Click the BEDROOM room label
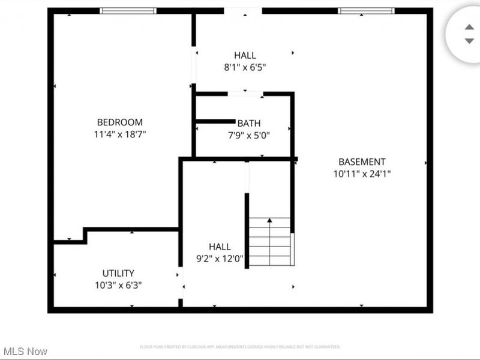(x=120, y=122)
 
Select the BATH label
(x=248, y=124)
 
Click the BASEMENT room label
(x=362, y=161)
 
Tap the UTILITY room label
(x=118, y=273)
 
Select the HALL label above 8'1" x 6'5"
(x=245, y=56)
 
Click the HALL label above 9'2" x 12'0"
(x=220, y=247)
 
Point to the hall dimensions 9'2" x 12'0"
(x=220, y=259)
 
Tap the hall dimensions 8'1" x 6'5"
(x=245, y=68)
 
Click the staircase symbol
(x=271, y=241)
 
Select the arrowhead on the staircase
(x=269, y=221)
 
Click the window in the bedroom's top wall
(x=128, y=11)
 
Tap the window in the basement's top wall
(x=367, y=11)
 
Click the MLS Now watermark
(x=25, y=351)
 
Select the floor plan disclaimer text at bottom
(x=240, y=347)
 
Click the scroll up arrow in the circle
(x=469, y=27)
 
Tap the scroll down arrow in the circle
(x=469, y=41)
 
